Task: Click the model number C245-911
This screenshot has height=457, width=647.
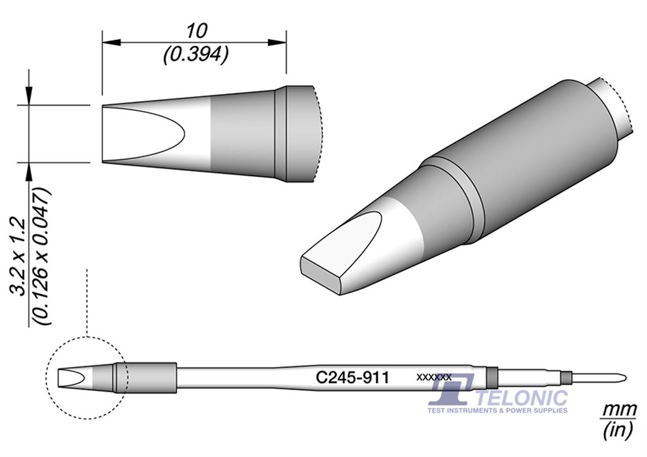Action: click(x=352, y=377)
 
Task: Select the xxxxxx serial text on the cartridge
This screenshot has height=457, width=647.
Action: click(x=434, y=376)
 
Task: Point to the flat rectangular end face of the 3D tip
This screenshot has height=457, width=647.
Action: click(x=320, y=271)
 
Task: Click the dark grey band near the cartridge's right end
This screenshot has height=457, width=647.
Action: click(x=491, y=376)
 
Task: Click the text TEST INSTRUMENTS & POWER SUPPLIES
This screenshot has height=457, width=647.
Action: click(x=497, y=410)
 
